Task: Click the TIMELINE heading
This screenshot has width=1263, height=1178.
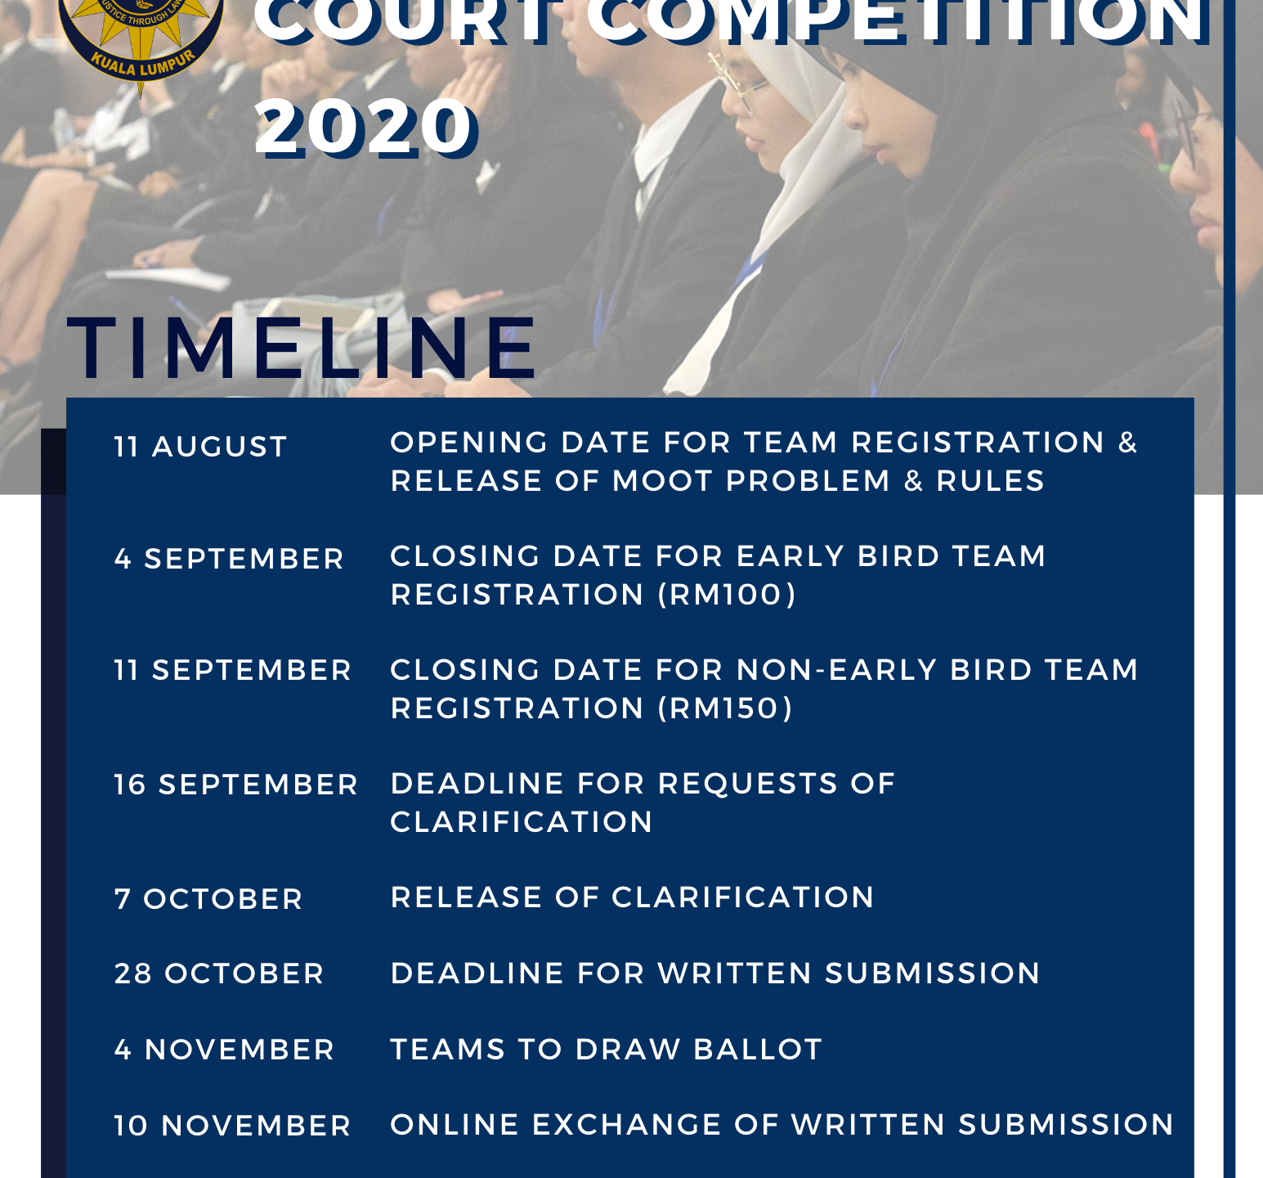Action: point(302,349)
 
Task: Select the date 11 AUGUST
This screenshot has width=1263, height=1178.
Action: point(201,447)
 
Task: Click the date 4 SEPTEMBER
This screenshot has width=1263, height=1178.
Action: point(229,559)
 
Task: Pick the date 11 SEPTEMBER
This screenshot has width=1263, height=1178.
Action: point(233,670)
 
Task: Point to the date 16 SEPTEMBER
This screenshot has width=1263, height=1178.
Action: point(236,785)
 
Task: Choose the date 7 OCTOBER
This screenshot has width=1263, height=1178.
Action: point(208,899)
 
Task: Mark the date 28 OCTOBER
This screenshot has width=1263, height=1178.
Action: point(219,973)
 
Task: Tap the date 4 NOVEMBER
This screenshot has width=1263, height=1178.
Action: point(225,1050)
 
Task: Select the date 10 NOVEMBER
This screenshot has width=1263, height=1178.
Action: point(233,1126)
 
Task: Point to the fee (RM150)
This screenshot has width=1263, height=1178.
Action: point(725,708)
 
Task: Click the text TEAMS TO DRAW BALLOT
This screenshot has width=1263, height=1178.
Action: point(607,1050)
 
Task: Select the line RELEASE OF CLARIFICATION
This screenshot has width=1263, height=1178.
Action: point(633,897)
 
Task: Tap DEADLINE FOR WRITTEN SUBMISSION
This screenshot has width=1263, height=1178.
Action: point(715,973)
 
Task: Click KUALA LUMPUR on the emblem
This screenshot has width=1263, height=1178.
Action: point(144,64)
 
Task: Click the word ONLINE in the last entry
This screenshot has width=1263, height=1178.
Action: point(455,1125)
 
